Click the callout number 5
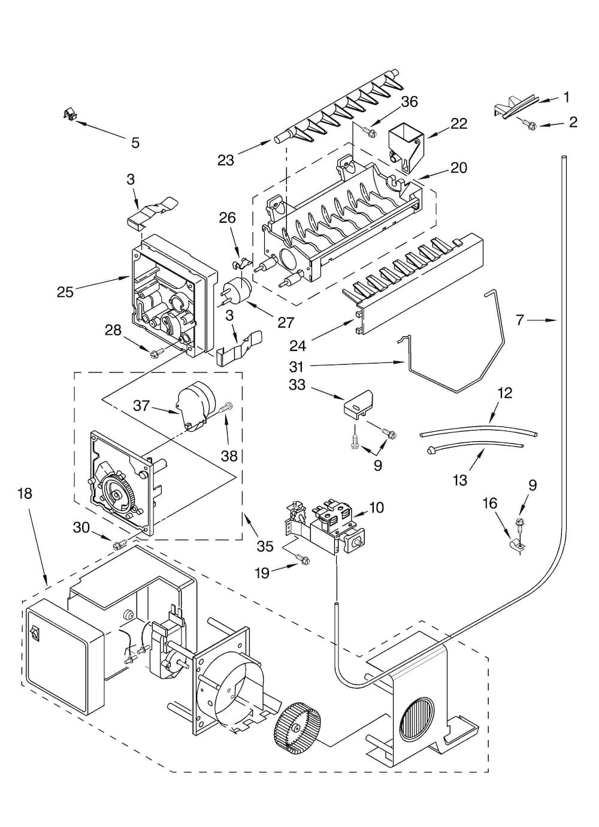pyautogui.click(x=135, y=143)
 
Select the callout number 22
pyautogui.click(x=459, y=123)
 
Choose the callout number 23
pyautogui.click(x=226, y=160)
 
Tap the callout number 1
pyautogui.click(x=566, y=97)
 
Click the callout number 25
pyautogui.click(x=66, y=292)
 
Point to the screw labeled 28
pyautogui.click(x=153, y=354)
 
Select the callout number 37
pyautogui.click(x=141, y=406)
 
